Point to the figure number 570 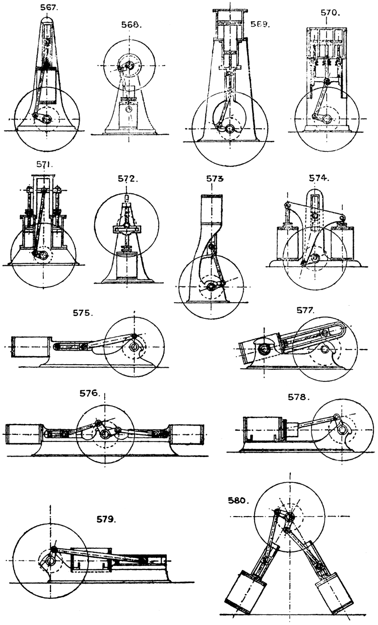[x=330, y=12]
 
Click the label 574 [x=321, y=178]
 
